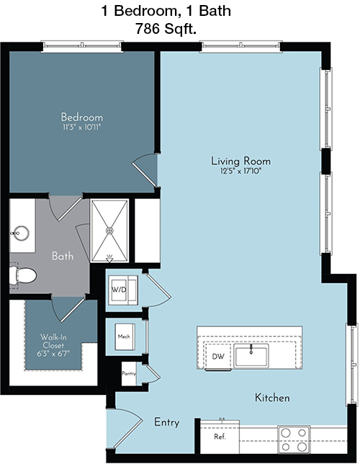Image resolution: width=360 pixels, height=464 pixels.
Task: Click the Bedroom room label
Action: pos(82,117)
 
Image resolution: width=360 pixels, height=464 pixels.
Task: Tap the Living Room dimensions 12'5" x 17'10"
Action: pos(240,171)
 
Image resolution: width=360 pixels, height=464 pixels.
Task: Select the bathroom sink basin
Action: pos(20,233)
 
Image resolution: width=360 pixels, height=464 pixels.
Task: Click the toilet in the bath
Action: pos(22,276)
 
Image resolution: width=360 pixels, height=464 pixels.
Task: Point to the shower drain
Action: pos(109,231)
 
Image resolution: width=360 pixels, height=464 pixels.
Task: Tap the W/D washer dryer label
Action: pos(119,290)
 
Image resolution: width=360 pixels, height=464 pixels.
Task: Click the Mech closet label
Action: pos(124,336)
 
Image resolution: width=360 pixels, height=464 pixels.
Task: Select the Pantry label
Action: pos(129,374)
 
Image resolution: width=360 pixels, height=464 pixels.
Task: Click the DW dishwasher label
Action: pos(218,357)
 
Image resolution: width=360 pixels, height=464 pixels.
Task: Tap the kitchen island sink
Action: pos(251,356)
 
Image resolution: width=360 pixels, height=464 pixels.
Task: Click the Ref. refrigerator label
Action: pos(220,437)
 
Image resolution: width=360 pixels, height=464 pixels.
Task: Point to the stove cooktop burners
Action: pos(294,440)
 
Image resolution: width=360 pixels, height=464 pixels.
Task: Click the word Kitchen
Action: pos(272,398)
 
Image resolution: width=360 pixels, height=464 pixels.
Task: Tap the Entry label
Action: pos(167,422)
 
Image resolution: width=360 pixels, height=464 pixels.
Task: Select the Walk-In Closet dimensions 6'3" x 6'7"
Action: pos(53,354)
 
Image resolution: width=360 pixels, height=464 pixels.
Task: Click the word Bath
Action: pos(63,256)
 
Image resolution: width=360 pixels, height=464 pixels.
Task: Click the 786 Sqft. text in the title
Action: pos(166,29)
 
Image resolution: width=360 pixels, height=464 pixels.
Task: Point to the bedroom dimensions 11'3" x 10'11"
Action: pos(82,128)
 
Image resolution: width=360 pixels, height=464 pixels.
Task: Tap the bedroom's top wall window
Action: pos(82,46)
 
